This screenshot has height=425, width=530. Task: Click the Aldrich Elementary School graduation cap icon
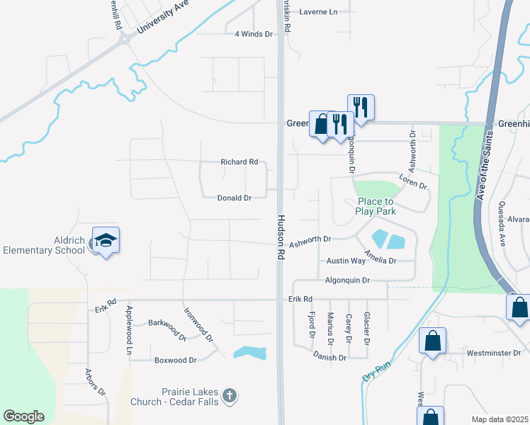point(106,241)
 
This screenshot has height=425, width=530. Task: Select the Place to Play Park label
point(376,205)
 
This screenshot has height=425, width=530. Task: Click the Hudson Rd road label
point(281,237)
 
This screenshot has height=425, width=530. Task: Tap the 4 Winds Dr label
point(254,34)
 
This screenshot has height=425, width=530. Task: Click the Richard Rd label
point(239,162)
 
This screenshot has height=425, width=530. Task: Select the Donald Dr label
point(235,198)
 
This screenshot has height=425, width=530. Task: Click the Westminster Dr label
point(494,352)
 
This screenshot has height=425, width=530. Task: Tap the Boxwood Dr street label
point(175,360)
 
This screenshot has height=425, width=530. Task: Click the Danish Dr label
point(329,358)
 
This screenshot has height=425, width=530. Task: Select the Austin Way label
point(346,261)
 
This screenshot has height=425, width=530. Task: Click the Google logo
point(23,416)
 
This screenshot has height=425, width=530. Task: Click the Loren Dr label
point(413,181)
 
